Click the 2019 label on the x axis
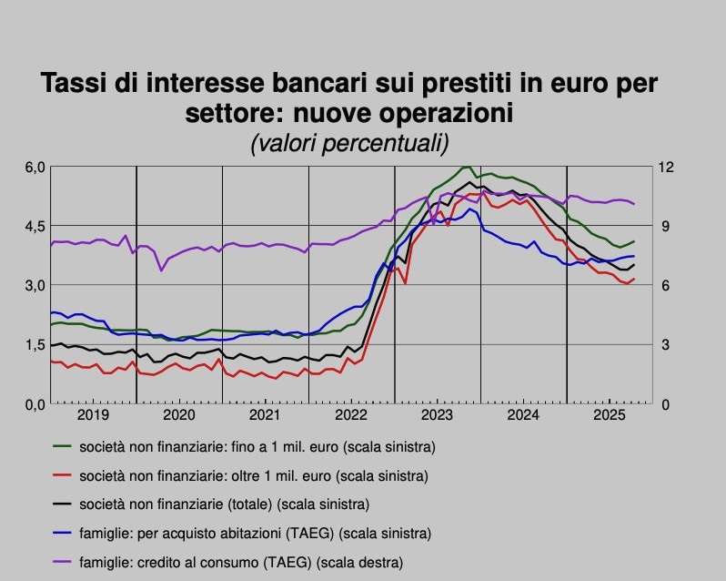pos(93,416)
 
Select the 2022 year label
pos(351,416)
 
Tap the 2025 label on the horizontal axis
pos(610,416)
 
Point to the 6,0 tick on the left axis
pos(35,168)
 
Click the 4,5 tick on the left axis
pos(35,227)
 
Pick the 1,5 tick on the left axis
pos(35,345)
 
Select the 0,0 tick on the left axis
pos(35,404)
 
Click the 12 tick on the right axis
pos(667,168)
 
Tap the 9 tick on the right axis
pos(664,227)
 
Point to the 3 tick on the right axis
pos(664,345)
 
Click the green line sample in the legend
pos(65,447)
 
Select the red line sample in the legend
pos(65,475)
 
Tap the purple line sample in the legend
pos(65,562)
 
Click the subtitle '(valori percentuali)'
pos(348,143)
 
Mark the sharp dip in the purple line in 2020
pos(162,270)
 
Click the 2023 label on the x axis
pos(438,416)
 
